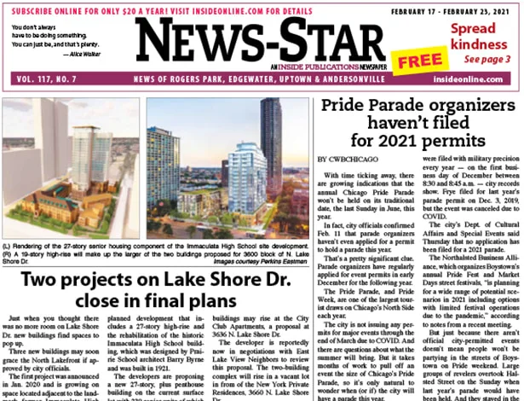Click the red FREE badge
[x=415, y=61]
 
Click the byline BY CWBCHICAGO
[x=347, y=160]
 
